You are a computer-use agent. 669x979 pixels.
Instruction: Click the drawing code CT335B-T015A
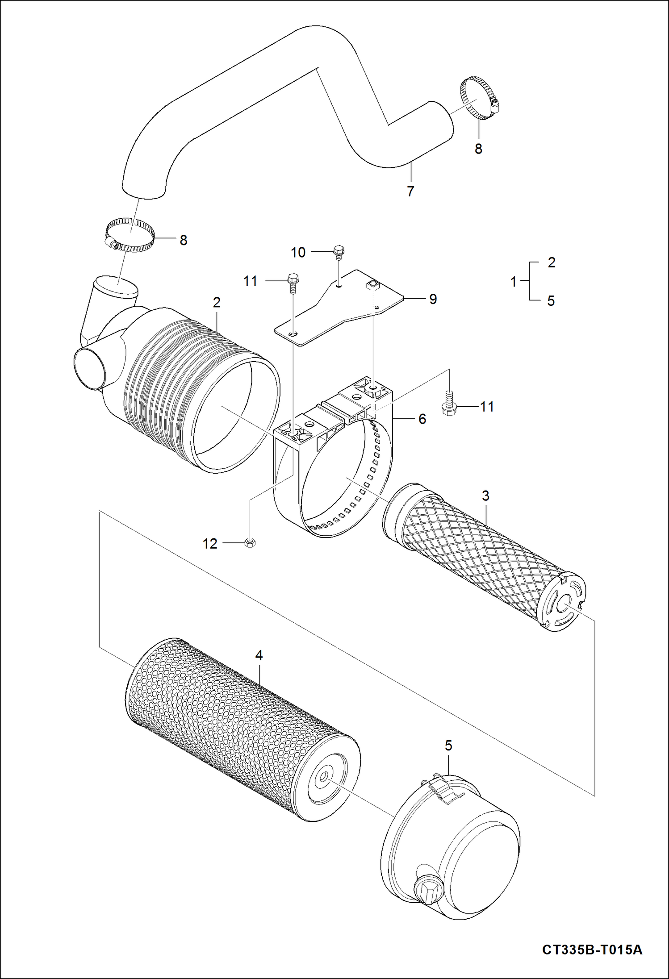coord(592,949)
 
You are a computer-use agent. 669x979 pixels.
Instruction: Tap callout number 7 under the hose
coord(410,191)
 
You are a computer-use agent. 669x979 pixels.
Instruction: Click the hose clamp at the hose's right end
coord(479,98)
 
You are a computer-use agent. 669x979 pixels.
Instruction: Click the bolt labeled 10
coord(339,252)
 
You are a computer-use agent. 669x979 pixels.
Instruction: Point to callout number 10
coord(298,253)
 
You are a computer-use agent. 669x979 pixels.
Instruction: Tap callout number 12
coord(210,544)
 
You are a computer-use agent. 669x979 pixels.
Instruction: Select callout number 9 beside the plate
coord(433,299)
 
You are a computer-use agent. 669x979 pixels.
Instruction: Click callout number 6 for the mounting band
coord(422,419)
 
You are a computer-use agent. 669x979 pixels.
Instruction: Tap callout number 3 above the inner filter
coord(485,496)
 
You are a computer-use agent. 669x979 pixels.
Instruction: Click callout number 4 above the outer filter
coord(259,655)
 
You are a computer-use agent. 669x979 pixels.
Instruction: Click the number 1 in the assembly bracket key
coord(514,282)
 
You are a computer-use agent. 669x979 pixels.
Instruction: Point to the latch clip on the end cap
coord(442,787)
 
